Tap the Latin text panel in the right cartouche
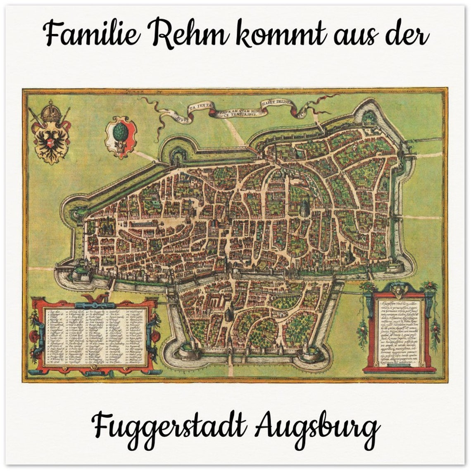coord(398,333)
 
